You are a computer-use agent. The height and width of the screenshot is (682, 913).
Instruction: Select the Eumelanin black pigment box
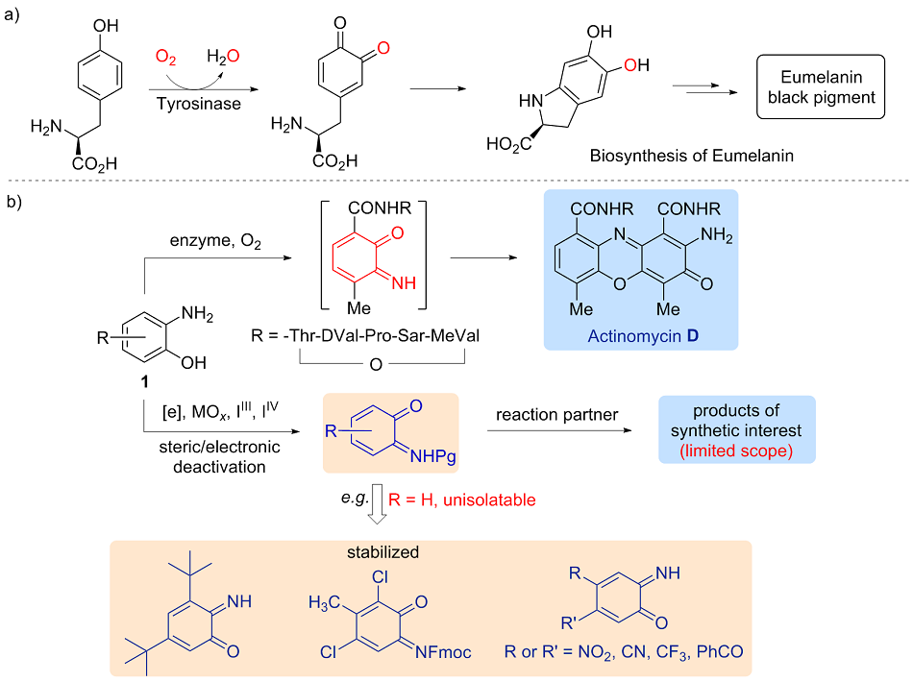820,86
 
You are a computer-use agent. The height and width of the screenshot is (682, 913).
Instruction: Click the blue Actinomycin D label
639,336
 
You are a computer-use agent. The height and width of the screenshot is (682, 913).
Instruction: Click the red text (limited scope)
737,451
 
